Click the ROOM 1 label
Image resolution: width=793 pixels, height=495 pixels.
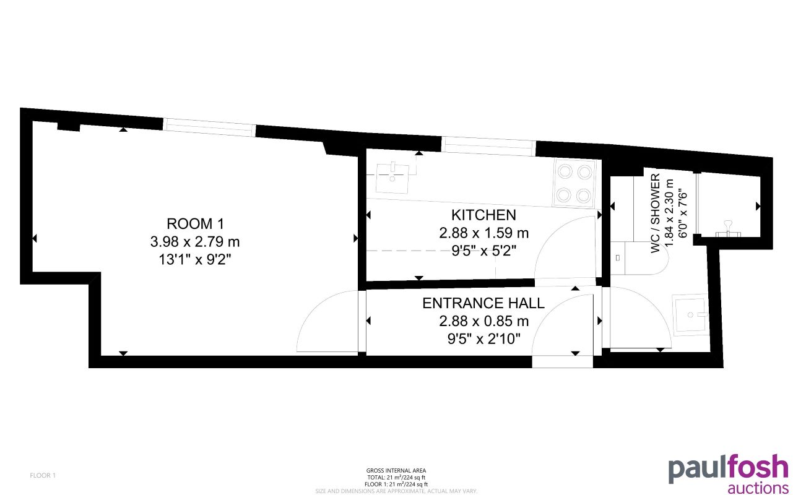[194, 223]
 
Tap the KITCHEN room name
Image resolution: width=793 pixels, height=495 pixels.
[483, 215]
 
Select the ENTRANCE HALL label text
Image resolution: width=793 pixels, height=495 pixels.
[483, 303]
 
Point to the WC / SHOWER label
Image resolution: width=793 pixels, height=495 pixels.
[654, 213]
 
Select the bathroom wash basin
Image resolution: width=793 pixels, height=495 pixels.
[689, 314]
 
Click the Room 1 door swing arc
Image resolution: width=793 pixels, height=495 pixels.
[325, 322]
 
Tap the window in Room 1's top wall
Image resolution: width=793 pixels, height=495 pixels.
[209, 127]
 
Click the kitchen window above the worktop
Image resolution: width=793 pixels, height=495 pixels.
[489, 145]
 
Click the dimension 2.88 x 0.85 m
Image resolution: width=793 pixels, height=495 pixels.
[483, 321]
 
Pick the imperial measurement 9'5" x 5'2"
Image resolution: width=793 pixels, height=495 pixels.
[483, 251]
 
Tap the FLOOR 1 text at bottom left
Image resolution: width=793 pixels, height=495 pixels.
[43, 475]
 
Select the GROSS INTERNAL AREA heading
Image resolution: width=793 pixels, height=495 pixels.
[396, 471]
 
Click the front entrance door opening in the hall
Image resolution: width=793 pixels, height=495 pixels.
[563, 361]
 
